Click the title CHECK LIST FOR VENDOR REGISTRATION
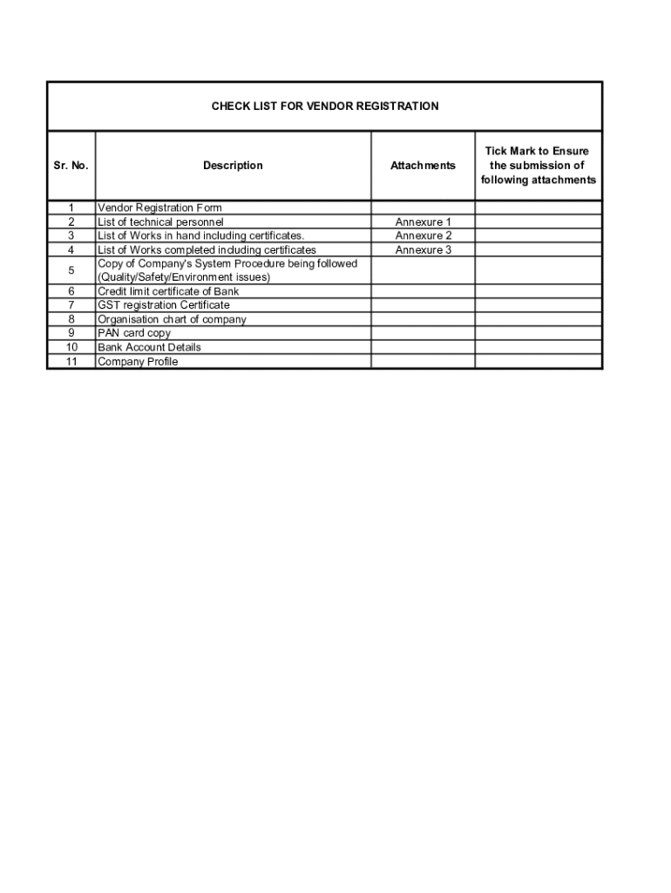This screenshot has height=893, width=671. (x=325, y=106)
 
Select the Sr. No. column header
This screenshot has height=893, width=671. (x=71, y=166)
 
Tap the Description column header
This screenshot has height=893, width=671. (x=233, y=166)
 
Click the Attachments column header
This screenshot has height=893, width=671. (x=423, y=166)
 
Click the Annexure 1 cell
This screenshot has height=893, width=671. (x=423, y=222)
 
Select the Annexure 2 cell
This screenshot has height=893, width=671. (x=423, y=236)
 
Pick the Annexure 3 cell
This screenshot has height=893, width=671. (x=423, y=250)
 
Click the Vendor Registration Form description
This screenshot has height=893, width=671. (x=159, y=208)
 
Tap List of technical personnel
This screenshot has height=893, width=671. (x=160, y=222)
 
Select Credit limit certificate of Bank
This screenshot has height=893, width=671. (x=168, y=291)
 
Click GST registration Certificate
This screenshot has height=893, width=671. (x=164, y=305)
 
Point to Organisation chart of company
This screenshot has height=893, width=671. (x=172, y=319)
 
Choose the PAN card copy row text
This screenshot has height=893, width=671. (x=134, y=333)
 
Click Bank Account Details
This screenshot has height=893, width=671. (x=149, y=347)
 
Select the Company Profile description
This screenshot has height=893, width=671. (x=138, y=361)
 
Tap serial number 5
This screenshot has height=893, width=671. (x=71, y=270)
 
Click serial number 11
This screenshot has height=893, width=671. (x=71, y=361)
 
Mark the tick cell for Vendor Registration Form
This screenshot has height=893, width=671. (x=538, y=208)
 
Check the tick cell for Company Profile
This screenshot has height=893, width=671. (x=538, y=361)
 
